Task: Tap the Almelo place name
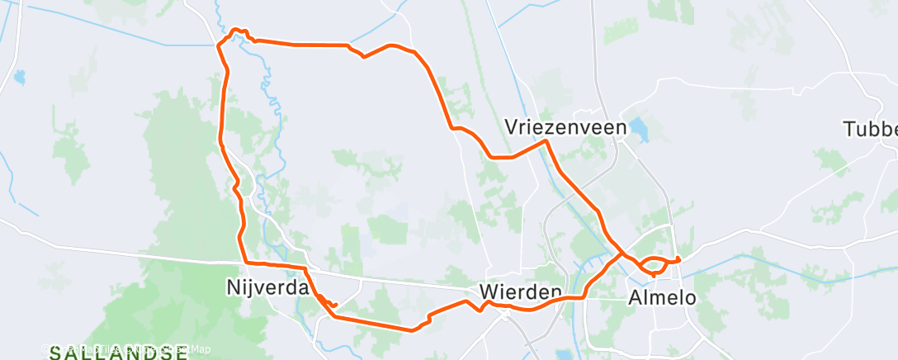[663, 296]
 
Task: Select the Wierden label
[521, 292]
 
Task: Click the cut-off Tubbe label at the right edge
[870, 129]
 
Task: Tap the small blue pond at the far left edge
[17, 79]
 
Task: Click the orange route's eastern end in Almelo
[678, 260]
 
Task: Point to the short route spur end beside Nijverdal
[335, 305]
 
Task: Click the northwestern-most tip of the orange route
[219, 45]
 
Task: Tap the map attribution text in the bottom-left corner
[124, 349]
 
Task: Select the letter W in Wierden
[489, 292]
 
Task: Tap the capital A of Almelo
[636, 296]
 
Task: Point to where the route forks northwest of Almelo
[622, 252]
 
